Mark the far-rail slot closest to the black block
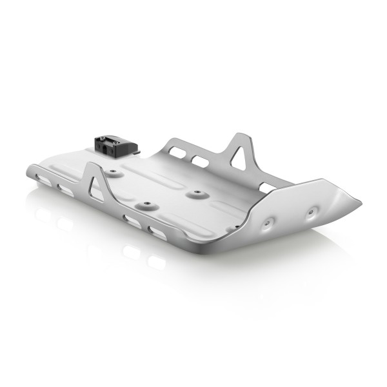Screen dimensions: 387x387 coord(179,150)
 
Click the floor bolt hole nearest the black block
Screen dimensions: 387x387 coord(114,173)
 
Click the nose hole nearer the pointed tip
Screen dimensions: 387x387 coord(313,210)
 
